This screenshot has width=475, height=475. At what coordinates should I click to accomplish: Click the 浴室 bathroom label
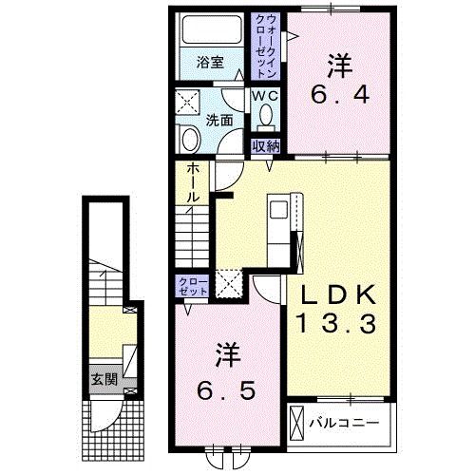click(x=210, y=63)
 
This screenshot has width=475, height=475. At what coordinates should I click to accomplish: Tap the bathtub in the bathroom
click(x=212, y=29)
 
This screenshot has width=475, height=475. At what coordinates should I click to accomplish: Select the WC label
click(x=265, y=96)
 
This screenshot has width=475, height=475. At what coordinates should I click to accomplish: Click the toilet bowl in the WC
click(x=266, y=115)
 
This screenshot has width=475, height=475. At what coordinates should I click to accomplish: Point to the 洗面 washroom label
click(x=219, y=121)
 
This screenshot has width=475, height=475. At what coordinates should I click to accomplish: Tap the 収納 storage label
click(x=266, y=146)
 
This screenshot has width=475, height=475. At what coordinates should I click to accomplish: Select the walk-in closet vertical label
click(x=265, y=47)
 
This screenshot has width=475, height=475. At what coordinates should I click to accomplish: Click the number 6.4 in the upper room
click(x=340, y=94)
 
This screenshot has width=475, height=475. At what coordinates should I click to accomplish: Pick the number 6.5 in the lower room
click(x=226, y=390)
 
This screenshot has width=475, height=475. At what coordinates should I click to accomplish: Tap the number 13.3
click(x=336, y=323)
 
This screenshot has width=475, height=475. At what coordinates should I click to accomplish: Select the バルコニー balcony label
click(x=344, y=423)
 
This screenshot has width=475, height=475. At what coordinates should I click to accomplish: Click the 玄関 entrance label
click(x=104, y=379)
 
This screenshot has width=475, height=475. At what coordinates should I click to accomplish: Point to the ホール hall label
click(x=193, y=183)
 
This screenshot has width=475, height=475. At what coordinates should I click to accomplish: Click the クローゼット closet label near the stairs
click(x=193, y=286)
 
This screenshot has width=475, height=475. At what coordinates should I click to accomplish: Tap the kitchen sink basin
click(x=278, y=210)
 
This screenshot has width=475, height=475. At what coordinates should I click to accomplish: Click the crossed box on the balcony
click(x=296, y=424)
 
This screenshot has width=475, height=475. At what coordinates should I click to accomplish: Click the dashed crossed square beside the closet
click(x=229, y=284)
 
